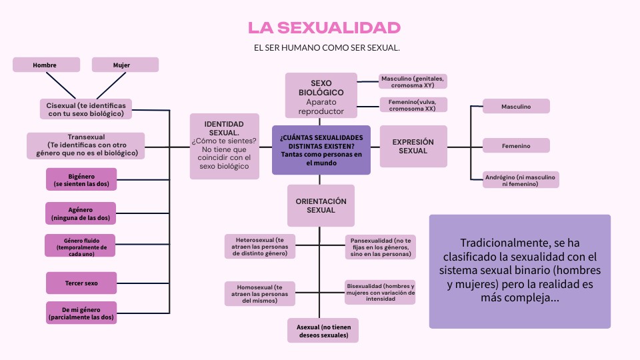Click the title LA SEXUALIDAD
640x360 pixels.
click(324, 27)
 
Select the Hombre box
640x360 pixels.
click(46, 65)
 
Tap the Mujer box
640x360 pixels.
click(125, 65)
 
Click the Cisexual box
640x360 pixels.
click(85, 109)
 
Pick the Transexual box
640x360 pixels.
click(86, 145)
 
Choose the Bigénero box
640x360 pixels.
click(80, 179)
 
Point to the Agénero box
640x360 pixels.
click(80, 214)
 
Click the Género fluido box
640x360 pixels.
click(80, 245)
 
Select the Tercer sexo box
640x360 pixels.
click(81, 283)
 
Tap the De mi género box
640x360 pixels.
click(81, 313)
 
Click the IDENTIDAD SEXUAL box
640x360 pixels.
click(224, 146)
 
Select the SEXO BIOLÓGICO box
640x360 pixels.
click(321, 95)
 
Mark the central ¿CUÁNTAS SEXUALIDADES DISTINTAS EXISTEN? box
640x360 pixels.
click(321, 150)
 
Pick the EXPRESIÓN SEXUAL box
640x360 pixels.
click(413, 146)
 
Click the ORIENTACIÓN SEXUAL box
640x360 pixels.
click(321, 205)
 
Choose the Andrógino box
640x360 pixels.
click(521, 180)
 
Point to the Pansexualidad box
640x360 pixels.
click(381, 247)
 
